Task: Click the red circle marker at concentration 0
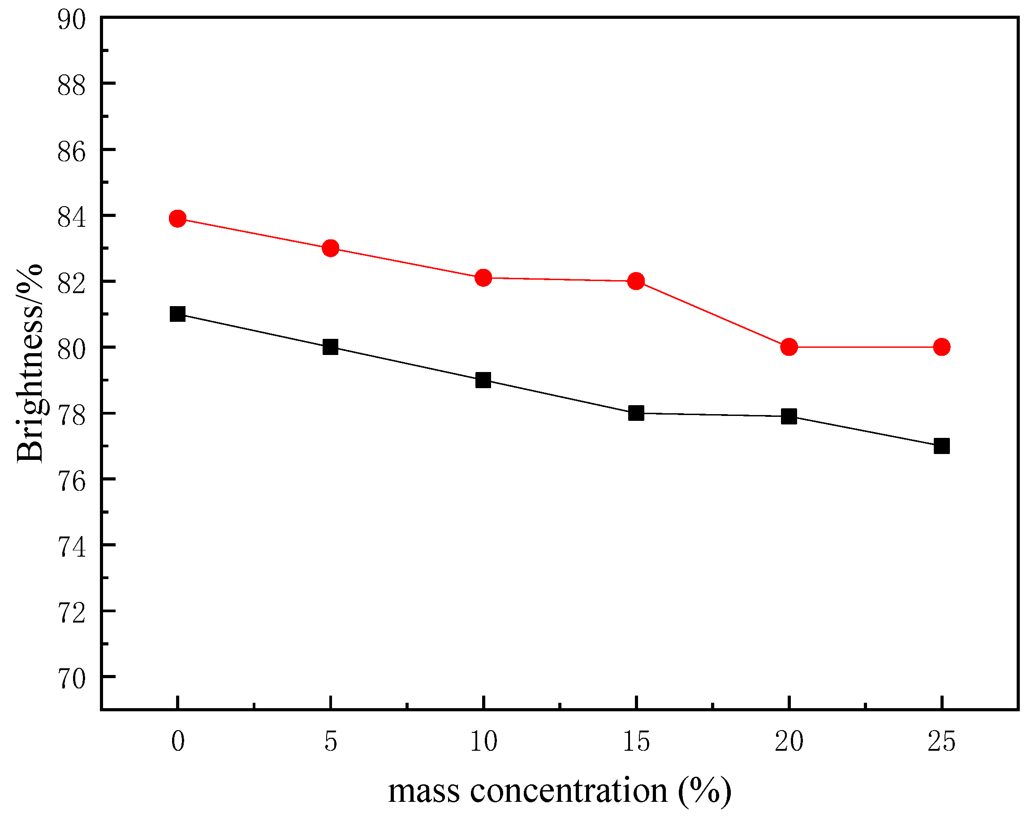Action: pyautogui.click(x=177, y=219)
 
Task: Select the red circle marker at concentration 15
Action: pyautogui.click(x=636, y=281)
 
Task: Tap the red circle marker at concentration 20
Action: pyautogui.click(x=789, y=347)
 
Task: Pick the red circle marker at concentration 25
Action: pyautogui.click(x=941, y=347)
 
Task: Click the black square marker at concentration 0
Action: pyautogui.click(x=177, y=314)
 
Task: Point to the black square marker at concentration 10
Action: pyautogui.click(x=483, y=381)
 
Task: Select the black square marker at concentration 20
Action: pyautogui.click(x=789, y=416)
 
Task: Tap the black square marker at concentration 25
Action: pyautogui.click(x=941, y=446)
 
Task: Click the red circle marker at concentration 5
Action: pyautogui.click(x=330, y=248)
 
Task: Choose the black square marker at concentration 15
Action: pyautogui.click(x=636, y=413)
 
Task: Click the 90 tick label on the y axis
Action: pyautogui.click(x=71, y=20)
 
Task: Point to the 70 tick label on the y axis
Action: pyautogui.click(x=71, y=679)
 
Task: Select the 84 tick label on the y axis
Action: pyautogui.click(x=71, y=218)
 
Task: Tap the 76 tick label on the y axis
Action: pyautogui.click(x=71, y=481)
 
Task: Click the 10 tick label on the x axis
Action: pyautogui.click(x=483, y=742)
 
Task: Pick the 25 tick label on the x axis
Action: pyautogui.click(x=941, y=742)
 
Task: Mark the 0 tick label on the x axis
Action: pyautogui.click(x=177, y=742)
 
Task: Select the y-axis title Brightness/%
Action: pyautogui.click(x=30, y=363)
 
